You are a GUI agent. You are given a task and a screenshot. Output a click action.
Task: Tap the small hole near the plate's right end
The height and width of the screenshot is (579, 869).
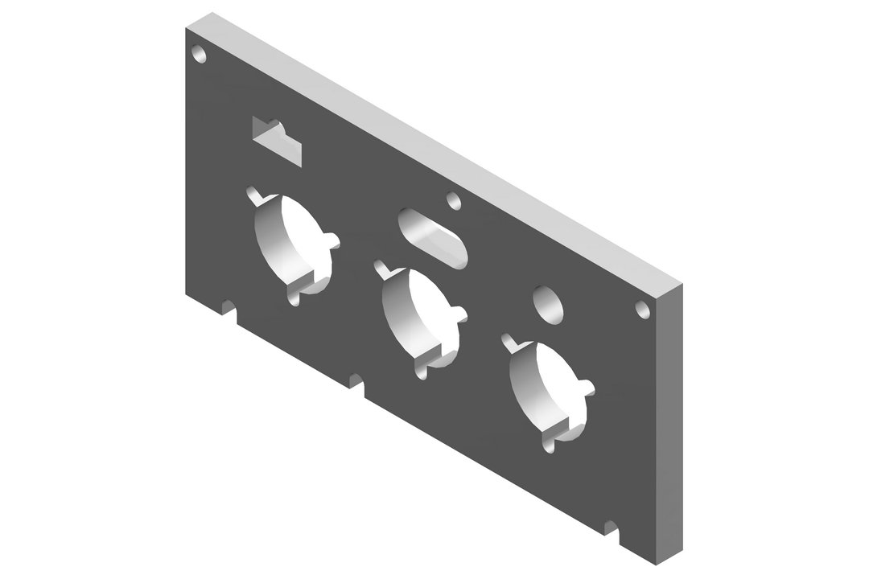tap(642, 310)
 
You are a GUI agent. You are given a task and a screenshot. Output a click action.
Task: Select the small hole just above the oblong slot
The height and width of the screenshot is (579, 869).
tap(454, 199)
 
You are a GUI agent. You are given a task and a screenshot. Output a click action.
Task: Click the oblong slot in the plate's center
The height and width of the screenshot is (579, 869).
tap(432, 237)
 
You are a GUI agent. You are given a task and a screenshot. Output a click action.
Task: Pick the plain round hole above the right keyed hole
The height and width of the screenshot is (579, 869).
tap(550, 305)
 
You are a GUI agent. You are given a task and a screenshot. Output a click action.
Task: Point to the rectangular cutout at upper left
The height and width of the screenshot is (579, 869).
tap(277, 140)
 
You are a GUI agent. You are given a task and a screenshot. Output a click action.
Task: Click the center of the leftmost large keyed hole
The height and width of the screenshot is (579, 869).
tap(290, 241)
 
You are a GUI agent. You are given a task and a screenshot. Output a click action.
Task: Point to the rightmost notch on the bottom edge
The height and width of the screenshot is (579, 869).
tap(612, 530)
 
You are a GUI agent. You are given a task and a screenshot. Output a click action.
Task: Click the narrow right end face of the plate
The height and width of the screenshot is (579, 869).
tap(673, 426)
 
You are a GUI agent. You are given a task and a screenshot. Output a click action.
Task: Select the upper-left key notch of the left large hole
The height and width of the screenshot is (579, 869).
tap(254, 194)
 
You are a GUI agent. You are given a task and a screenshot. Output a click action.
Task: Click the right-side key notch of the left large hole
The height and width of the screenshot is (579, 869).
tap(332, 240)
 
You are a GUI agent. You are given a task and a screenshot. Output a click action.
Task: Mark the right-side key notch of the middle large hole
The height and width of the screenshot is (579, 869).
tap(461, 314)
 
